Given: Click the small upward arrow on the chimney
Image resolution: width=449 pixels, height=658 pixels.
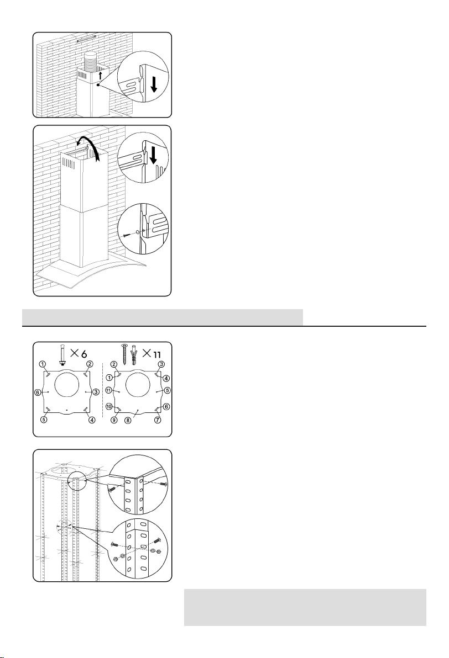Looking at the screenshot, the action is click(x=100, y=76).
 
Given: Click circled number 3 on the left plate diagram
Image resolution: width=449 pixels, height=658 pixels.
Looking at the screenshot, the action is click(x=96, y=392).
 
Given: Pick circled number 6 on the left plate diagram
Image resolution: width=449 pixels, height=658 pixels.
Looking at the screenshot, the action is click(x=38, y=392).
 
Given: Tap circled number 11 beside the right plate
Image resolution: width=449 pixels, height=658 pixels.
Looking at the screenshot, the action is click(x=108, y=390).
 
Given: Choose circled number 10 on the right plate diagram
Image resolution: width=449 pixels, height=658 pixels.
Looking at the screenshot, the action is click(x=108, y=406).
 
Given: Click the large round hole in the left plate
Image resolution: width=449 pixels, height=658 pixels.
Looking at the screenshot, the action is click(x=67, y=384).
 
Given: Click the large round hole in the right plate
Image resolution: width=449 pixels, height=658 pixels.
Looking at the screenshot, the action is click(x=138, y=384).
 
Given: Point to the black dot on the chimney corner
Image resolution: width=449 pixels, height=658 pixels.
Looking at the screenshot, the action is click(x=97, y=84).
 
